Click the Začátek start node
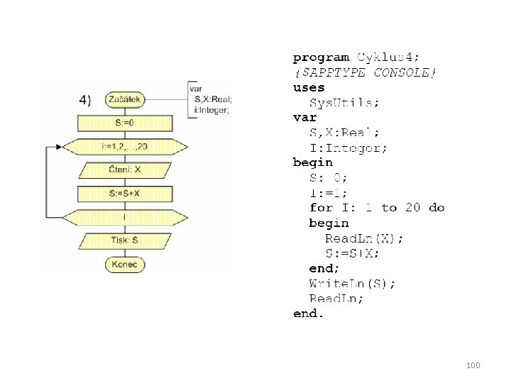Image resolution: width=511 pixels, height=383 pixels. (x=125, y=100)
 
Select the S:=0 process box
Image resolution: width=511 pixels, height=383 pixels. (x=125, y=123)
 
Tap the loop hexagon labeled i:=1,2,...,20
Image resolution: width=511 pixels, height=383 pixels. (x=125, y=147)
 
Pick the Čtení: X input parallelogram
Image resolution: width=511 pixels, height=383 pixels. (x=125, y=170)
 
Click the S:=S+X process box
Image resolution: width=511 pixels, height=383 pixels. (x=125, y=194)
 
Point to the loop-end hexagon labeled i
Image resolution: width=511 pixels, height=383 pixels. (x=125, y=217)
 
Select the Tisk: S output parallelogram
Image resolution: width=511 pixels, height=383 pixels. (x=125, y=241)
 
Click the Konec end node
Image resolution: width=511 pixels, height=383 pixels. (x=125, y=265)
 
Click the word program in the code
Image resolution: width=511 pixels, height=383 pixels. (x=322, y=57)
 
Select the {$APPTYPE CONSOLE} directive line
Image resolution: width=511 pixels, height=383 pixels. (x=366, y=72)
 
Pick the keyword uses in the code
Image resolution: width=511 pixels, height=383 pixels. (x=309, y=87)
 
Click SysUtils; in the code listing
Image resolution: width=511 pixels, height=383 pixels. (x=344, y=102)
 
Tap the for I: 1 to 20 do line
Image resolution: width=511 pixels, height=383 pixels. (x=377, y=208)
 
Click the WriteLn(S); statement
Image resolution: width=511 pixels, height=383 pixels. (x=353, y=283)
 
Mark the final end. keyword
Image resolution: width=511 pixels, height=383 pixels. (x=309, y=313)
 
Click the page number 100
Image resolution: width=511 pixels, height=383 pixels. (x=474, y=365)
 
